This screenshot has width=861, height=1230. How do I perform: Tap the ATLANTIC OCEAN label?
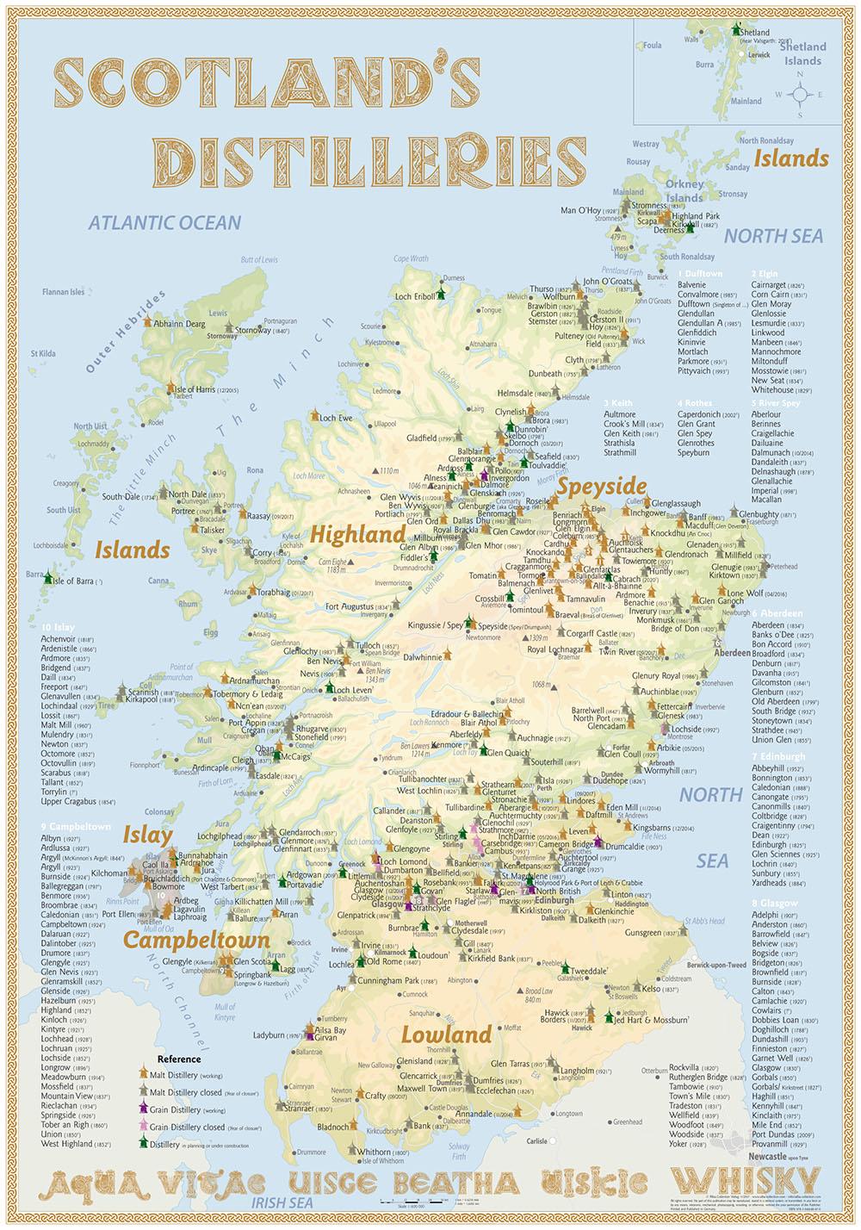pyautogui.click(x=165, y=223)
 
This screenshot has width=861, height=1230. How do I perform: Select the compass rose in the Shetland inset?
pyautogui.click(x=800, y=94)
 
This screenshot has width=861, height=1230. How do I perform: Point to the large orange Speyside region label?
pyautogui.click(x=600, y=485)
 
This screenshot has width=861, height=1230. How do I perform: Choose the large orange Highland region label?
pyautogui.click(x=356, y=535)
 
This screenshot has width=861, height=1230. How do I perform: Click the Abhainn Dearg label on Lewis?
pyautogui.click(x=180, y=324)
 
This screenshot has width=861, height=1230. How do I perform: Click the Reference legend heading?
pyautogui.click(x=179, y=1059)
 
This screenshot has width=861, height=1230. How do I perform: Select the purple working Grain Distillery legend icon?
pyautogui.click(x=145, y=1108)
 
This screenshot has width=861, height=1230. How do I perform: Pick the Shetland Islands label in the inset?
pyautogui.click(x=802, y=53)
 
